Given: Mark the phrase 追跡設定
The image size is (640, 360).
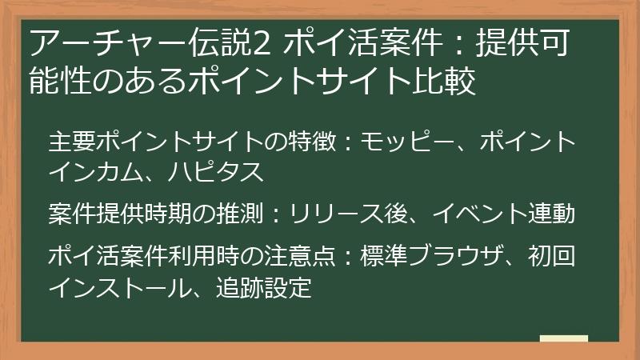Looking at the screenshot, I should click(265, 286).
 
